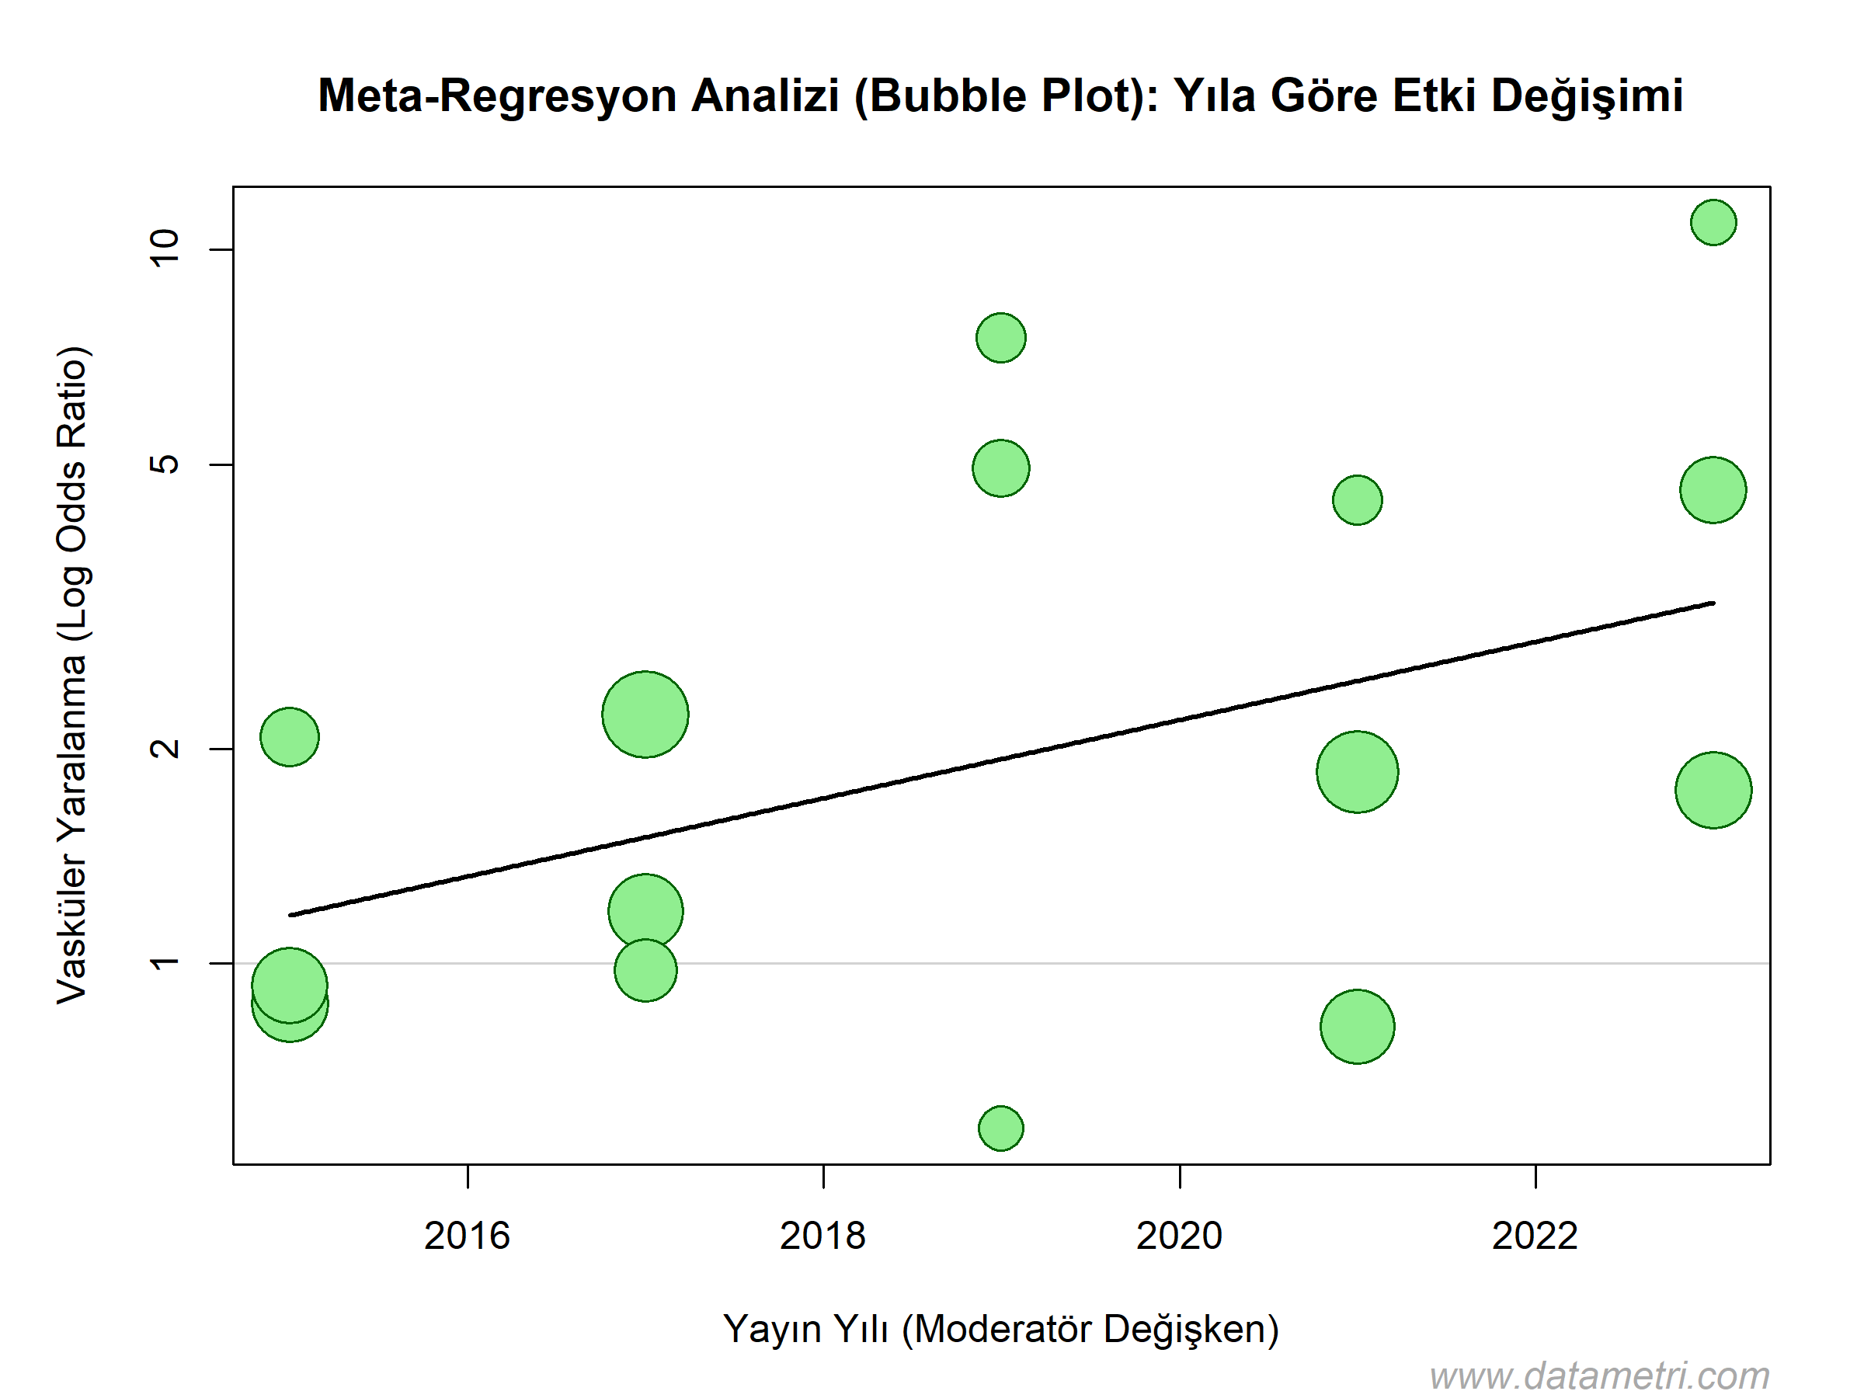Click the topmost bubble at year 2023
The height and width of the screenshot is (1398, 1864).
tap(1713, 222)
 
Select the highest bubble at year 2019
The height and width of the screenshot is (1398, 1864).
tap(1001, 338)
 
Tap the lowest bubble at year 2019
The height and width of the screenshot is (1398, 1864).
tap(1001, 1128)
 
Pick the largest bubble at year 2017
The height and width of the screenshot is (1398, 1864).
tap(645, 715)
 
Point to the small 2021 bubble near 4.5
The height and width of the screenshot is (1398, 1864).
tap(1358, 499)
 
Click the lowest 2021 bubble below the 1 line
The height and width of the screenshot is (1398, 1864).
tap(1358, 1027)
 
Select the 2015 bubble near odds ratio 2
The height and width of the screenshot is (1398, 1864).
tap(290, 737)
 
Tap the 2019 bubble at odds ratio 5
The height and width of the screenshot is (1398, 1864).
tap(1001, 468)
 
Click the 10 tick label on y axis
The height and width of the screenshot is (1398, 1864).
tap(165, 248)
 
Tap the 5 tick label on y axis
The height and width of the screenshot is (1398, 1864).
tap(165, 464)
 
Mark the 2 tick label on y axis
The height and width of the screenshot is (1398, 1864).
tap(165, 748)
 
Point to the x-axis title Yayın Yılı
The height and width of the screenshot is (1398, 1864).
tap(805, 1329)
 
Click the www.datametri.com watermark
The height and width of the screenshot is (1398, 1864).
tap(1599, 1376)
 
